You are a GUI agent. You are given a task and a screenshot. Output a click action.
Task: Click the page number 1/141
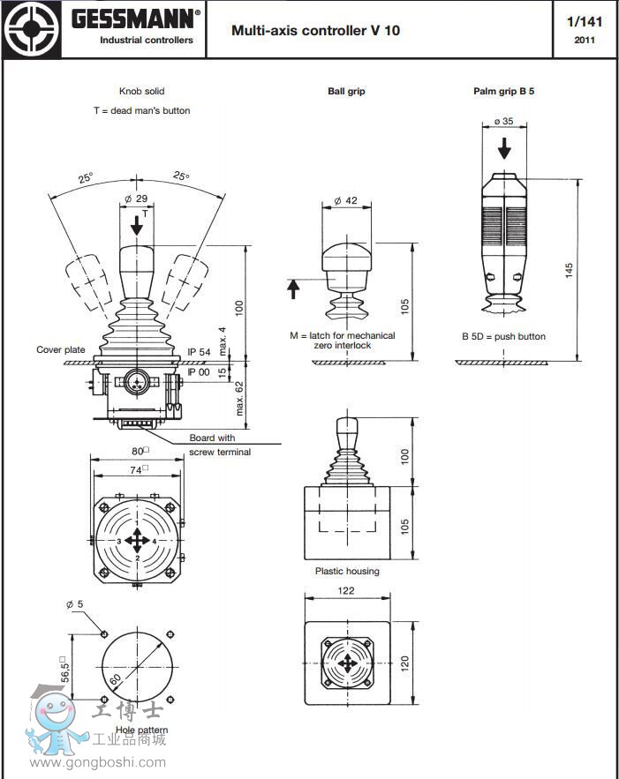(584, 21)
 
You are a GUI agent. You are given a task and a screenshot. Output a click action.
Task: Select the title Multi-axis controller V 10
(315, 30)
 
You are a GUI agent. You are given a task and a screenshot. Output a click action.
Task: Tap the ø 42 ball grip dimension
(346, 201)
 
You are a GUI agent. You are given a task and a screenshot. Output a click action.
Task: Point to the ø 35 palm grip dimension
(503, 121)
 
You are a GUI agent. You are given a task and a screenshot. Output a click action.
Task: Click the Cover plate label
(61, 350)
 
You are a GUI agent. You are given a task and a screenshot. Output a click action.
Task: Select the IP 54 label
(199, 352)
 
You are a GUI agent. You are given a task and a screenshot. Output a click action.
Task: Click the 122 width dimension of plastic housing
(346, 591)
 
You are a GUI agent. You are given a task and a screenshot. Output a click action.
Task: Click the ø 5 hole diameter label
(74, 604)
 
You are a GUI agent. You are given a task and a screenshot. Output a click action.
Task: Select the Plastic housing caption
(347, 571)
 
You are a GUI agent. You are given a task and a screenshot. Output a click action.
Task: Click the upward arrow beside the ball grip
(294, 288)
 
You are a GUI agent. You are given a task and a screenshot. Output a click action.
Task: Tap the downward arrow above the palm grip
(504, 147)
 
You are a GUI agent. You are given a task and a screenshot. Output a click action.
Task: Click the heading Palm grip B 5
(503, 91)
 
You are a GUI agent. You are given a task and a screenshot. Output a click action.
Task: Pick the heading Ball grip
(346, 91)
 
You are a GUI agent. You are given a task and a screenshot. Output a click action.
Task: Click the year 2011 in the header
(584, 40)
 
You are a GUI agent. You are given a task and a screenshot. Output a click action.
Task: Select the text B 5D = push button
(503, 336)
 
